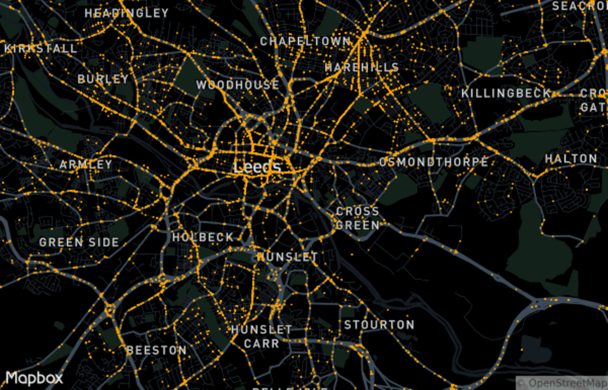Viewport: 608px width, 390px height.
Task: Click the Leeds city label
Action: coord(257,167)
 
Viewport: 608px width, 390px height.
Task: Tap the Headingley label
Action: coord(127,13)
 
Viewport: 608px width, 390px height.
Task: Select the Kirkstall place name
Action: coord(41,48)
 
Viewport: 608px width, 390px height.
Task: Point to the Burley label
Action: coord(103,79)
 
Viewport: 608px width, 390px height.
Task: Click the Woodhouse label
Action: coord(238,85)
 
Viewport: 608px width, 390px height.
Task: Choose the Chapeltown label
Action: coord(305,41)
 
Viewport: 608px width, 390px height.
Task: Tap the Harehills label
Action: coord(362,67)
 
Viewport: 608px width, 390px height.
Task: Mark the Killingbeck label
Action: coord(506,93)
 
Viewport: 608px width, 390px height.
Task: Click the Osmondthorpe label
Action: coord(433,162)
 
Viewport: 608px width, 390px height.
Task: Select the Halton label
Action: coord(571,159)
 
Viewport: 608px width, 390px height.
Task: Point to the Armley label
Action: coord(86,165)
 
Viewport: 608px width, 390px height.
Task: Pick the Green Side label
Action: coord(79,243)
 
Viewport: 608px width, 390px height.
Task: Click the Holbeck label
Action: coord(203,237)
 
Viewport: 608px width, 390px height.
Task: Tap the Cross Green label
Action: coord(357,219)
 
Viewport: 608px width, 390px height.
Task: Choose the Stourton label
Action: coord(379,325)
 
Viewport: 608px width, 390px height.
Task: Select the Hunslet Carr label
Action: coord(262,337)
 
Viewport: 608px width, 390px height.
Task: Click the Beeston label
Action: coord(157,350)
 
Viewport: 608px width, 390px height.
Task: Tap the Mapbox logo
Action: coord(34,378)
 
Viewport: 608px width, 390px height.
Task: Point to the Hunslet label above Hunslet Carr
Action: coord(287,257)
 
